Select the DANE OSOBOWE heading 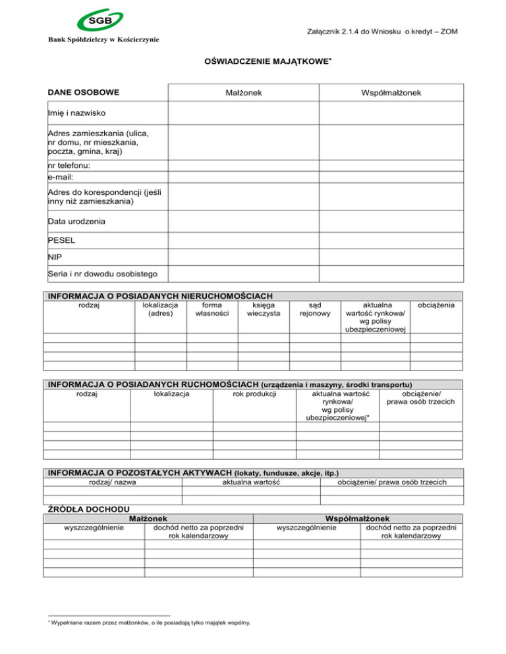pos(82,93)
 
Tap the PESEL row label pos(61,240)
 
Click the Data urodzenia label pos(76,222)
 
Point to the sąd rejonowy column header pos(315,310)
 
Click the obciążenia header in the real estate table pos(437,305)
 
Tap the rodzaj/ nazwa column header pos(112,482)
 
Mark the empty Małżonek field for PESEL pos(244,240)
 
